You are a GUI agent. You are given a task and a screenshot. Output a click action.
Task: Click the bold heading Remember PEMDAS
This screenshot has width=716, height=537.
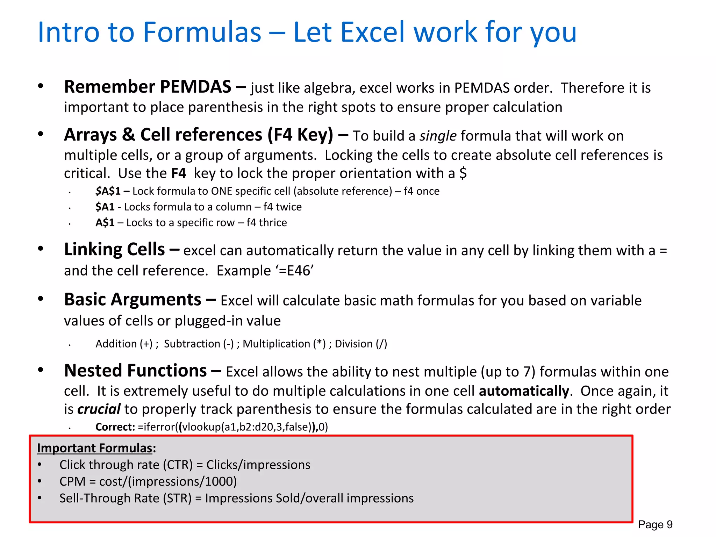pos(148,87)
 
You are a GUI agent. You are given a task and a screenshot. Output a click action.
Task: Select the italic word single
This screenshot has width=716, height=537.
pos(438,136)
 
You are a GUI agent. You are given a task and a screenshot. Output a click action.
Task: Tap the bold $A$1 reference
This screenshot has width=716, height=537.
pos(108,191)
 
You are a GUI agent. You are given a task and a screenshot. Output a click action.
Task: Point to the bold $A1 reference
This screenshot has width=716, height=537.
pos(105,207)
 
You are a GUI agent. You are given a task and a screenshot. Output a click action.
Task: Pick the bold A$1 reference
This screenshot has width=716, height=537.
pos(105,223)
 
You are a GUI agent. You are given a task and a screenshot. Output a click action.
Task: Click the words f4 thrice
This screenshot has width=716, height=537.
pos(266,223)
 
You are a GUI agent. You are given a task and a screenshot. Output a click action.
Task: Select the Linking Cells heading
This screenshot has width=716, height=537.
pos(114,250)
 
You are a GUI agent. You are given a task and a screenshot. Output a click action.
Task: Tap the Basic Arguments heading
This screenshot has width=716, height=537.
pos(133,300)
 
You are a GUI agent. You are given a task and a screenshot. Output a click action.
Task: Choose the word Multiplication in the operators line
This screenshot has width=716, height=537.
pos(276,344)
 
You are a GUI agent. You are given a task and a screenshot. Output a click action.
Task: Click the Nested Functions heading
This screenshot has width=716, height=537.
pos(135,371)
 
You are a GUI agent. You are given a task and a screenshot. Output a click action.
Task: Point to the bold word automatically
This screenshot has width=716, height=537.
pos(524,391)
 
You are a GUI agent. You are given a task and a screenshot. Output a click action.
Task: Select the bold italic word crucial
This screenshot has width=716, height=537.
pos(99,409)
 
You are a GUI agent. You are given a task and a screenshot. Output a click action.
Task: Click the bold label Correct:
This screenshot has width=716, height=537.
pos(115,427)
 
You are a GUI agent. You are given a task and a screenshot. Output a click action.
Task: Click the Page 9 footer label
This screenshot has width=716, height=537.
pos(655,524)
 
